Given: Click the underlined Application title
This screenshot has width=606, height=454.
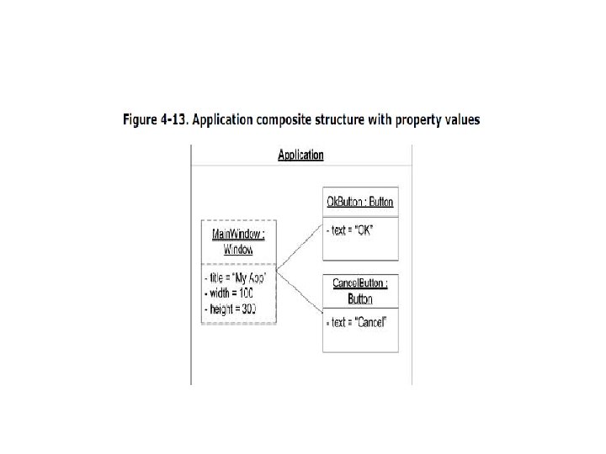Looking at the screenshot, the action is tap(300, 155).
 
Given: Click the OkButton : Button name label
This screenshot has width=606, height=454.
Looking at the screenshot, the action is tap(360, 202).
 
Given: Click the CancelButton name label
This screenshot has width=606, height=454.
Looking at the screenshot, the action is tap(360, 283).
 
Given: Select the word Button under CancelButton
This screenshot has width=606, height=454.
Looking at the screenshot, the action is tap(360, 298).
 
